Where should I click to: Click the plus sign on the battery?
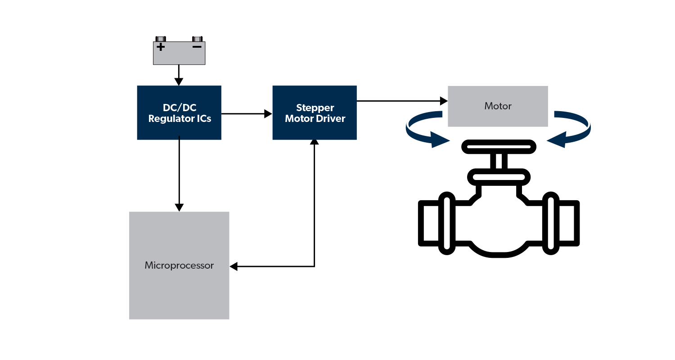(161, 47)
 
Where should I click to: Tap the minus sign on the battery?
(197, 46)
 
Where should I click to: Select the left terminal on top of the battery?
(161, 39)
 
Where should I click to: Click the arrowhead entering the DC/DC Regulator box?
(179, 82)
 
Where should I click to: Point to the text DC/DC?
(179, 108)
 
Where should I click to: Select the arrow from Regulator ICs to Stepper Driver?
(247, 114)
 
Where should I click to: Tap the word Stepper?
(315, 108)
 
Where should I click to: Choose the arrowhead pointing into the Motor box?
(444, 101)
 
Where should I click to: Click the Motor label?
(498, 106)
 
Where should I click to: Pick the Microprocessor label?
(179, 265)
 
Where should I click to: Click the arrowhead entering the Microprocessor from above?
(179, 207)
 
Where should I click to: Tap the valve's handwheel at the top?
(499, 146)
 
